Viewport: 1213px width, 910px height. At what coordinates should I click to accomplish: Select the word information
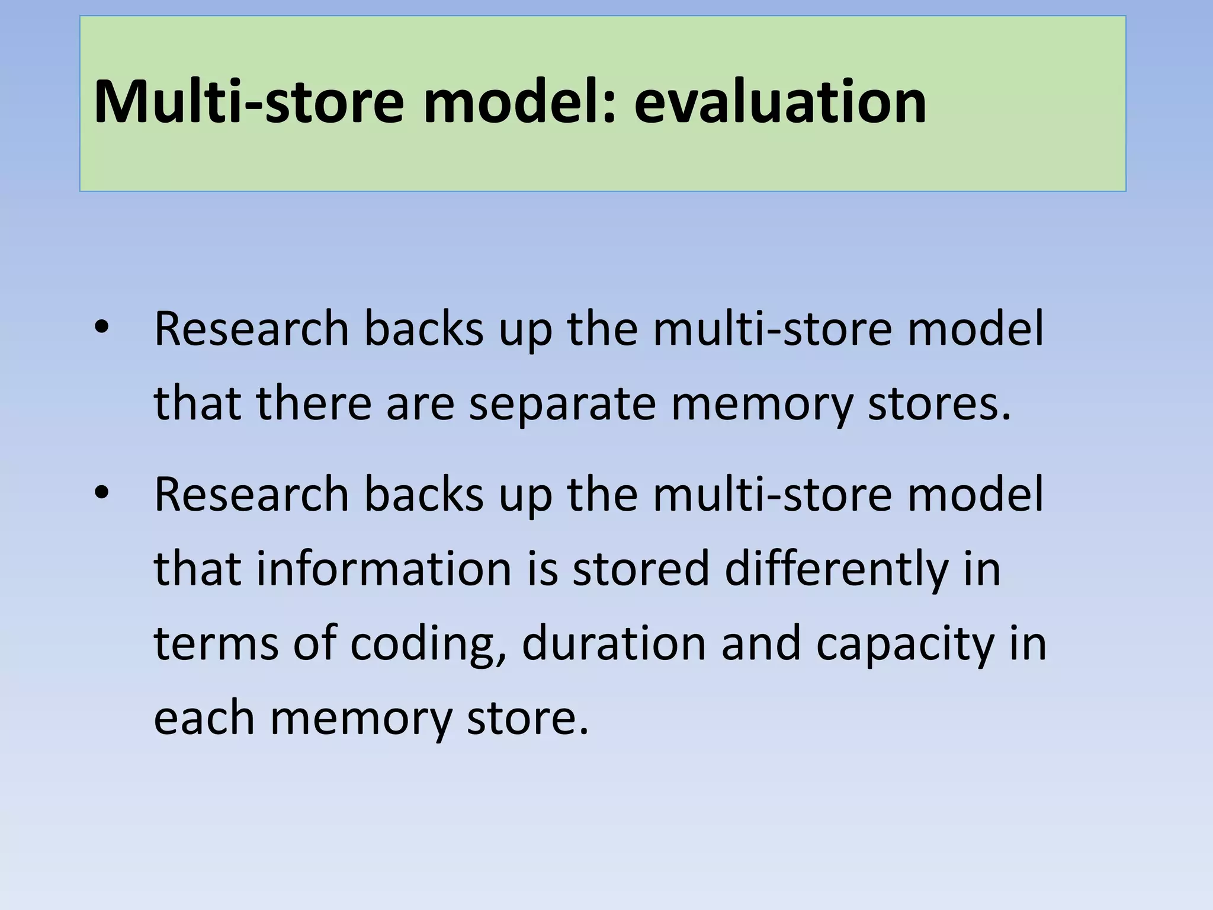383,568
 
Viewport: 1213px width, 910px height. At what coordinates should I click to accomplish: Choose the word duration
614,643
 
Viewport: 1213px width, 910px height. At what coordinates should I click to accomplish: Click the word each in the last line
204,717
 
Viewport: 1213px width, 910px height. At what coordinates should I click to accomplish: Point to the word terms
216,643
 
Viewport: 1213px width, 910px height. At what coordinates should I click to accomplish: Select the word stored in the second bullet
641,568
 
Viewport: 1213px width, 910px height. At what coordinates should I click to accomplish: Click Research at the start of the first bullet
252,329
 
